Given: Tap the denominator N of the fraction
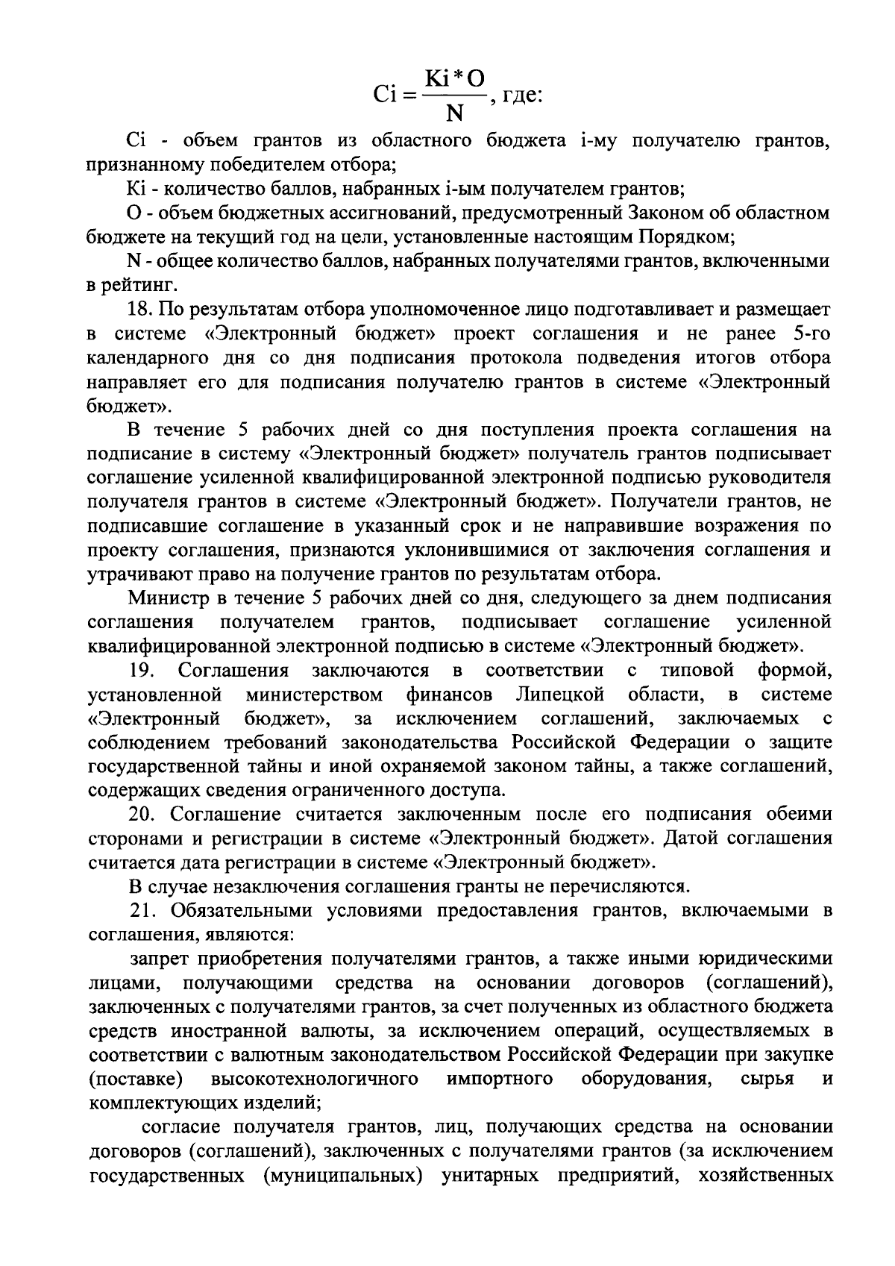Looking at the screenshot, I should click(453, 113).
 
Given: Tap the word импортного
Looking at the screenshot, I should click(500, 1079).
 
